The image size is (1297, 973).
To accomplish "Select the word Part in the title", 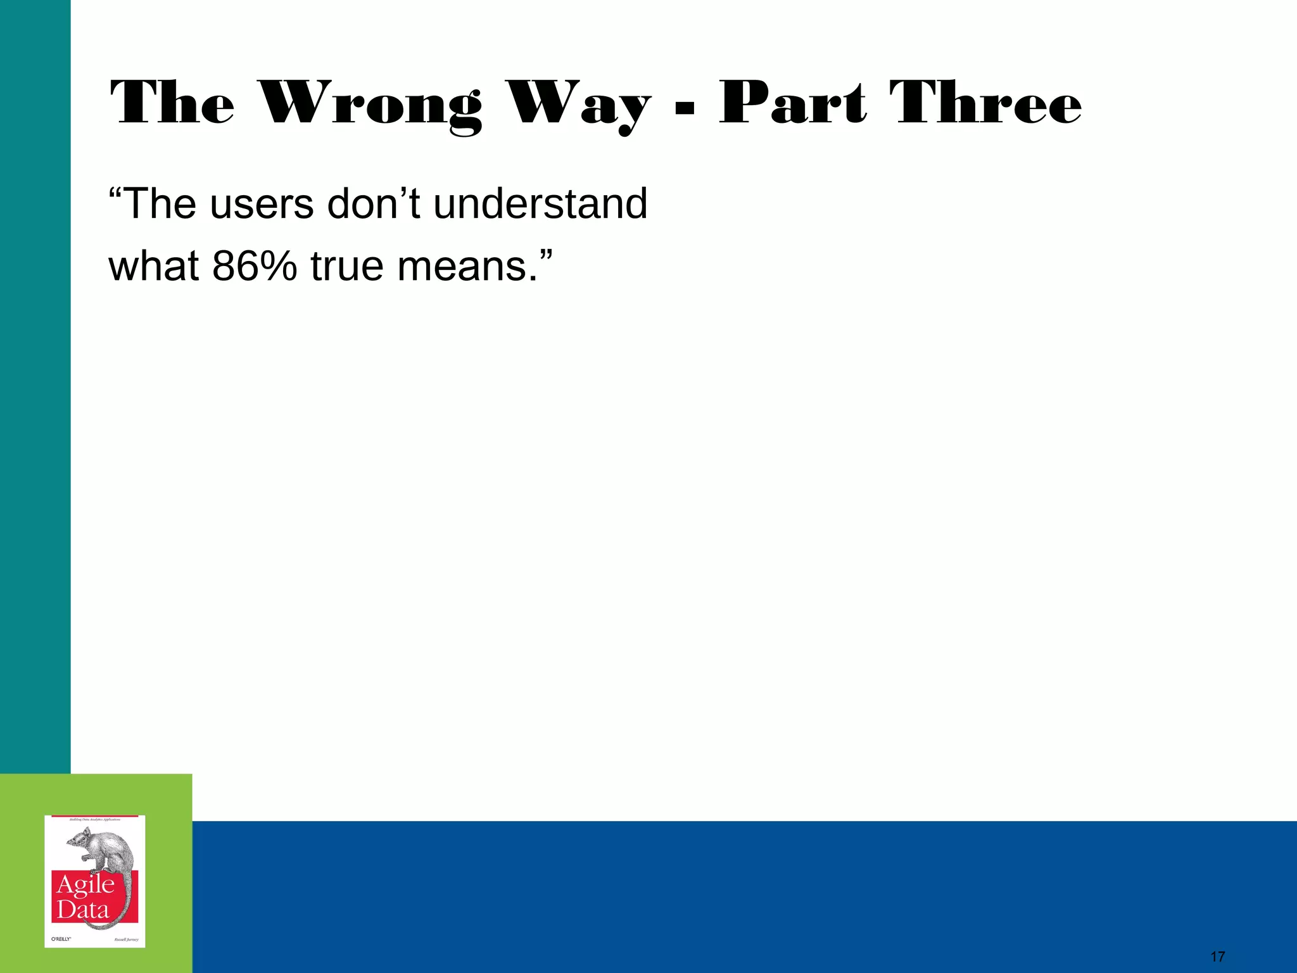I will pos(793,103).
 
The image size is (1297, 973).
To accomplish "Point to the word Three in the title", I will pos(985,103).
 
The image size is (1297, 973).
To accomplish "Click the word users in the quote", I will pos(262,204).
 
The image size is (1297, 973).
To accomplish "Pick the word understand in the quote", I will pos(540,204).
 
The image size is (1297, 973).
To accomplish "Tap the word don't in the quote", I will pos(374,204).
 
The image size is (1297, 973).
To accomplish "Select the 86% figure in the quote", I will pos(254,266).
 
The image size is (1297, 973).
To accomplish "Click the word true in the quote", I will pos(347,266).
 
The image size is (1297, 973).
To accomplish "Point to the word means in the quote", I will pos(462,266).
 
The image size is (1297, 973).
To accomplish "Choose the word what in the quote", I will pos(154,266).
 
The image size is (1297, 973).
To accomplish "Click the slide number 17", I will pos(1217,957).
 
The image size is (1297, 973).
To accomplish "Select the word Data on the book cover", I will pos(83,911).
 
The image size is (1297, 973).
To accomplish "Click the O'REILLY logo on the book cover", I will pos(61,939).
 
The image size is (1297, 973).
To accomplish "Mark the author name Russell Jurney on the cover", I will pos(126,939).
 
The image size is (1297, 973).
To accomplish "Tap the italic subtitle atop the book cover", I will pos(94,820).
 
